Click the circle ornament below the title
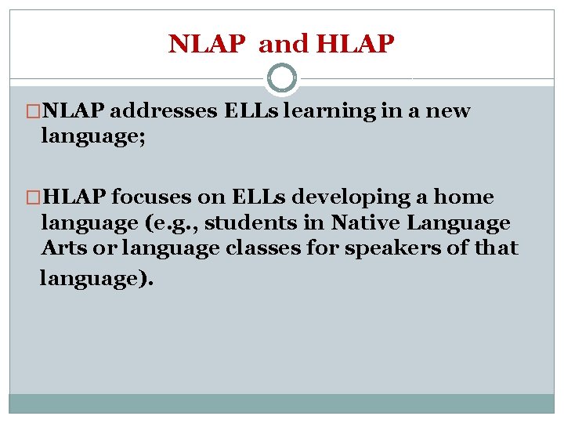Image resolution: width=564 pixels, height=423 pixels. point(281,78)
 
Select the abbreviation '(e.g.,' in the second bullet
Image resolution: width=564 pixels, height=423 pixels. point(177,223)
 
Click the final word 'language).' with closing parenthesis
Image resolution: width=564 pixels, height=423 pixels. point(96,278)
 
